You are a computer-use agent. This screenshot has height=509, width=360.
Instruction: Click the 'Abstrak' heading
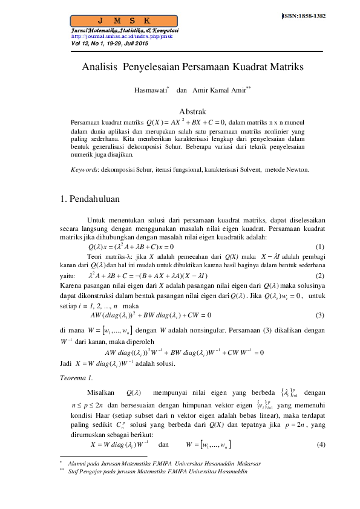coord(194,111)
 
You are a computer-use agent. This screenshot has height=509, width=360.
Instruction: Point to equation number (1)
coord(320,247)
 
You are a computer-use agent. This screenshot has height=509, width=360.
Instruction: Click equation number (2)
coord(320,276)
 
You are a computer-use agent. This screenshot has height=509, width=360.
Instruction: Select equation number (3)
coord(320,314)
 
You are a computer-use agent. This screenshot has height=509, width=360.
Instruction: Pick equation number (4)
coord(320,445)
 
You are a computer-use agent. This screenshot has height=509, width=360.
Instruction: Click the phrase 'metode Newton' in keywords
coord(289,170)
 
